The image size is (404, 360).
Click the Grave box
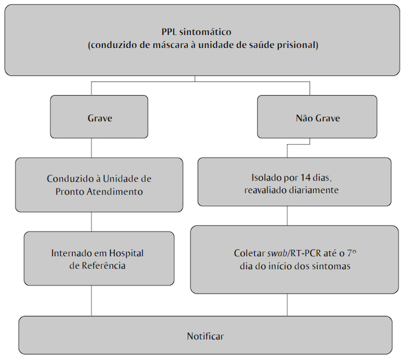pyautogui.click(x=99, y=118)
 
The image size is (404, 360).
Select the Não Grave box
pyautogui.click(x=317, y=118)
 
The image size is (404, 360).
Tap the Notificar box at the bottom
pyautogui.click(x=205, y=336)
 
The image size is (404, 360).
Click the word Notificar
pyautogui.click(x=205, y=336)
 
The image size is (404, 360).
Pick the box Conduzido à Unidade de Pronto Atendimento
pyautogui.click(x=99, y=185)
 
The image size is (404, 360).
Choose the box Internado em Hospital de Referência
pyautogui.click(x=99, y=259)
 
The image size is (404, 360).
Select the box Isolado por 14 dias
pyautogui.click(x=295, y=182)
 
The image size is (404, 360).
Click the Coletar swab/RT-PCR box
pyautogui.click(x=295, y=259)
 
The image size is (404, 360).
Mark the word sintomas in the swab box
pyautogui.click(x=334, y=265)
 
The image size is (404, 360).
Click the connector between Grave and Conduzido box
pyautogui.click(x=92, y=148)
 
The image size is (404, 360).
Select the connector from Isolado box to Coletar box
pyautogui.click(x=287, y=216)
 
